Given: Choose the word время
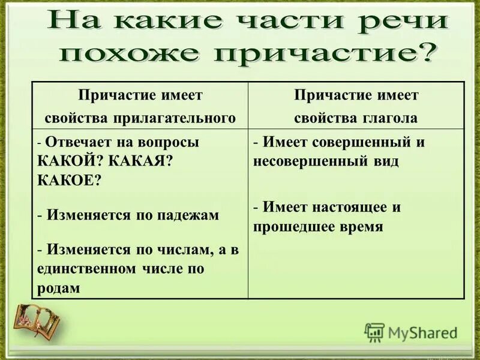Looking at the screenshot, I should coord(359,227).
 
